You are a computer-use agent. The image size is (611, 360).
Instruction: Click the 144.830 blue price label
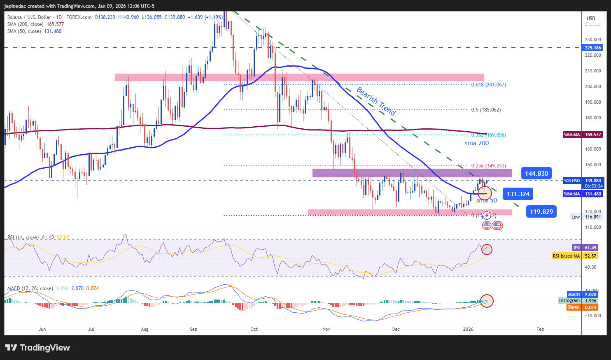[536, 173]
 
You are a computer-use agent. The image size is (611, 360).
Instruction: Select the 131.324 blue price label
[518, 194]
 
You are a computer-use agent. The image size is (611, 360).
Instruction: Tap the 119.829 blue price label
[541, 212]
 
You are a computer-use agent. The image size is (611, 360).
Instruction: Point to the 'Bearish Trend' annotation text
[375, 101]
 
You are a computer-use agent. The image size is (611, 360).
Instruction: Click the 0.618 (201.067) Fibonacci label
[488, 85]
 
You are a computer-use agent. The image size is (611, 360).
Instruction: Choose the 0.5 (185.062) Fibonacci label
[486, 110]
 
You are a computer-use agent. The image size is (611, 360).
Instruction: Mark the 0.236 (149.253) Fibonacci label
[488, 166]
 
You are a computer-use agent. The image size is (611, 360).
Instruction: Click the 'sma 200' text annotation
[476, 143]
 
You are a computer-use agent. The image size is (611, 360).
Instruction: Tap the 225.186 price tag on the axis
[592, 48]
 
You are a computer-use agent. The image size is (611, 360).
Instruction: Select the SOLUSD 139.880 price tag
[583, 181]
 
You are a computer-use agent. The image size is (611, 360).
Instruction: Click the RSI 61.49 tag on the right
[585, 248]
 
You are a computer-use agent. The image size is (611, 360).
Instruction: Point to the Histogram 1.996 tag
[577, 301]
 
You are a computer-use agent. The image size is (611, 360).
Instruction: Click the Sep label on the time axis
[194, 329]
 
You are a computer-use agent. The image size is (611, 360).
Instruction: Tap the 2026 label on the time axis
[468, 329]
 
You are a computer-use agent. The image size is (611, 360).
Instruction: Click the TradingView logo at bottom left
[37, 348]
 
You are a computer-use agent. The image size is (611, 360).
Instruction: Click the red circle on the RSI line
[487, 249]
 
